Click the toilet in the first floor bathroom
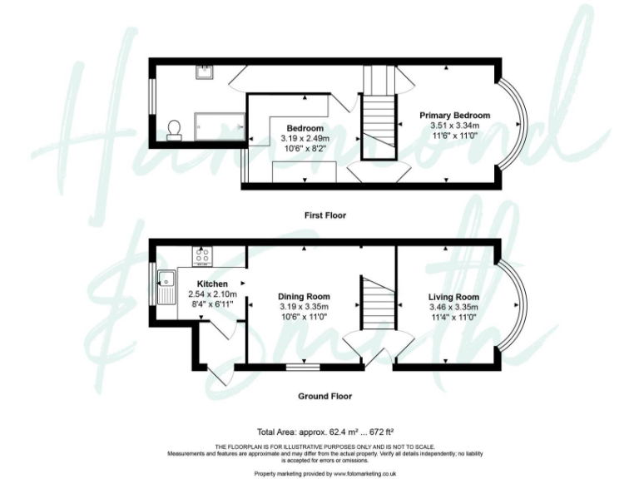click(174, 128)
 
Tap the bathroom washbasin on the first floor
click(203, 72)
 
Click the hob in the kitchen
click(201, 256)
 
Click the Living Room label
click(453, 297)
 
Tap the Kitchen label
click(212, 284)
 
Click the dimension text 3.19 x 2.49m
click(305, 138)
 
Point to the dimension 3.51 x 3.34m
click(454, 126)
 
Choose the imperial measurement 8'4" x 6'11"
click(212, 304)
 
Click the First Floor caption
click(327, 215)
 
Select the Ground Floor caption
click(325, 397)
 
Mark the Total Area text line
click(324, 432)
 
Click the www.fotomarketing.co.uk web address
click(365, 472)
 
